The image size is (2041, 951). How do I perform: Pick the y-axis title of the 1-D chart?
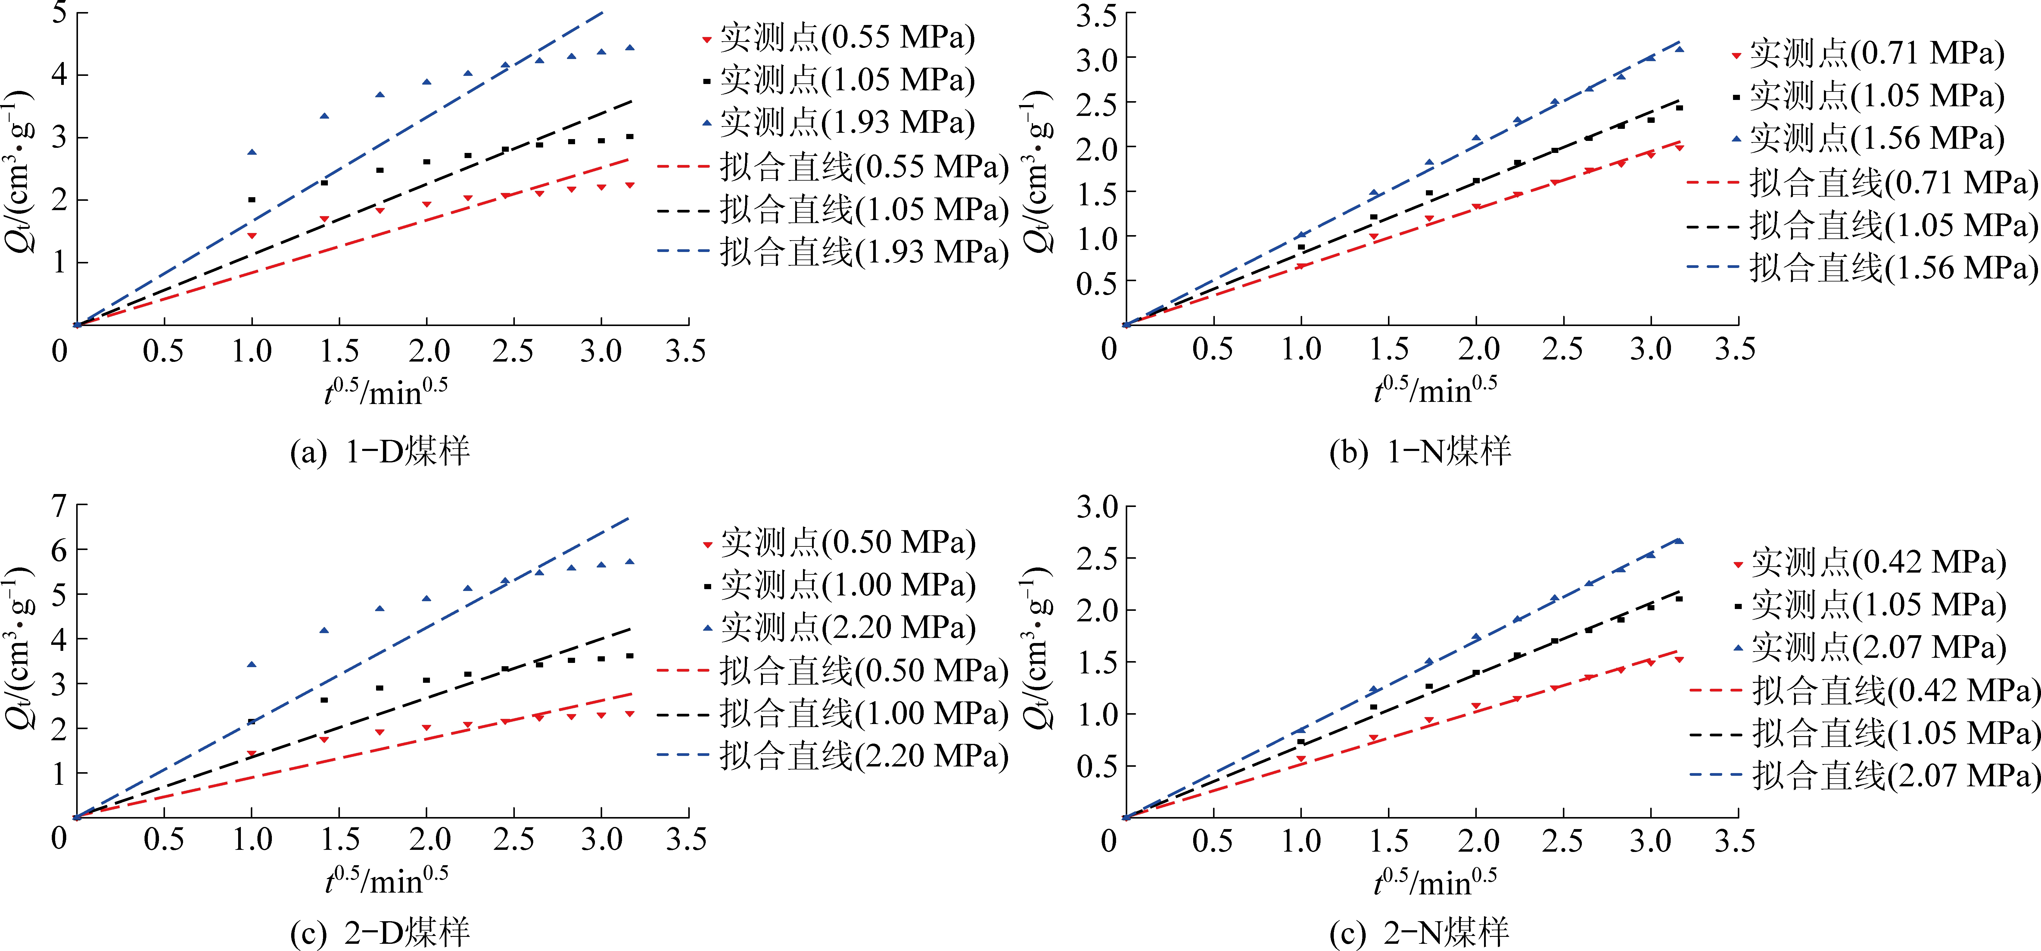(x=20, y=170)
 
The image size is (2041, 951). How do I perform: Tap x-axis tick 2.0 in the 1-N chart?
(x=1479, y=350)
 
